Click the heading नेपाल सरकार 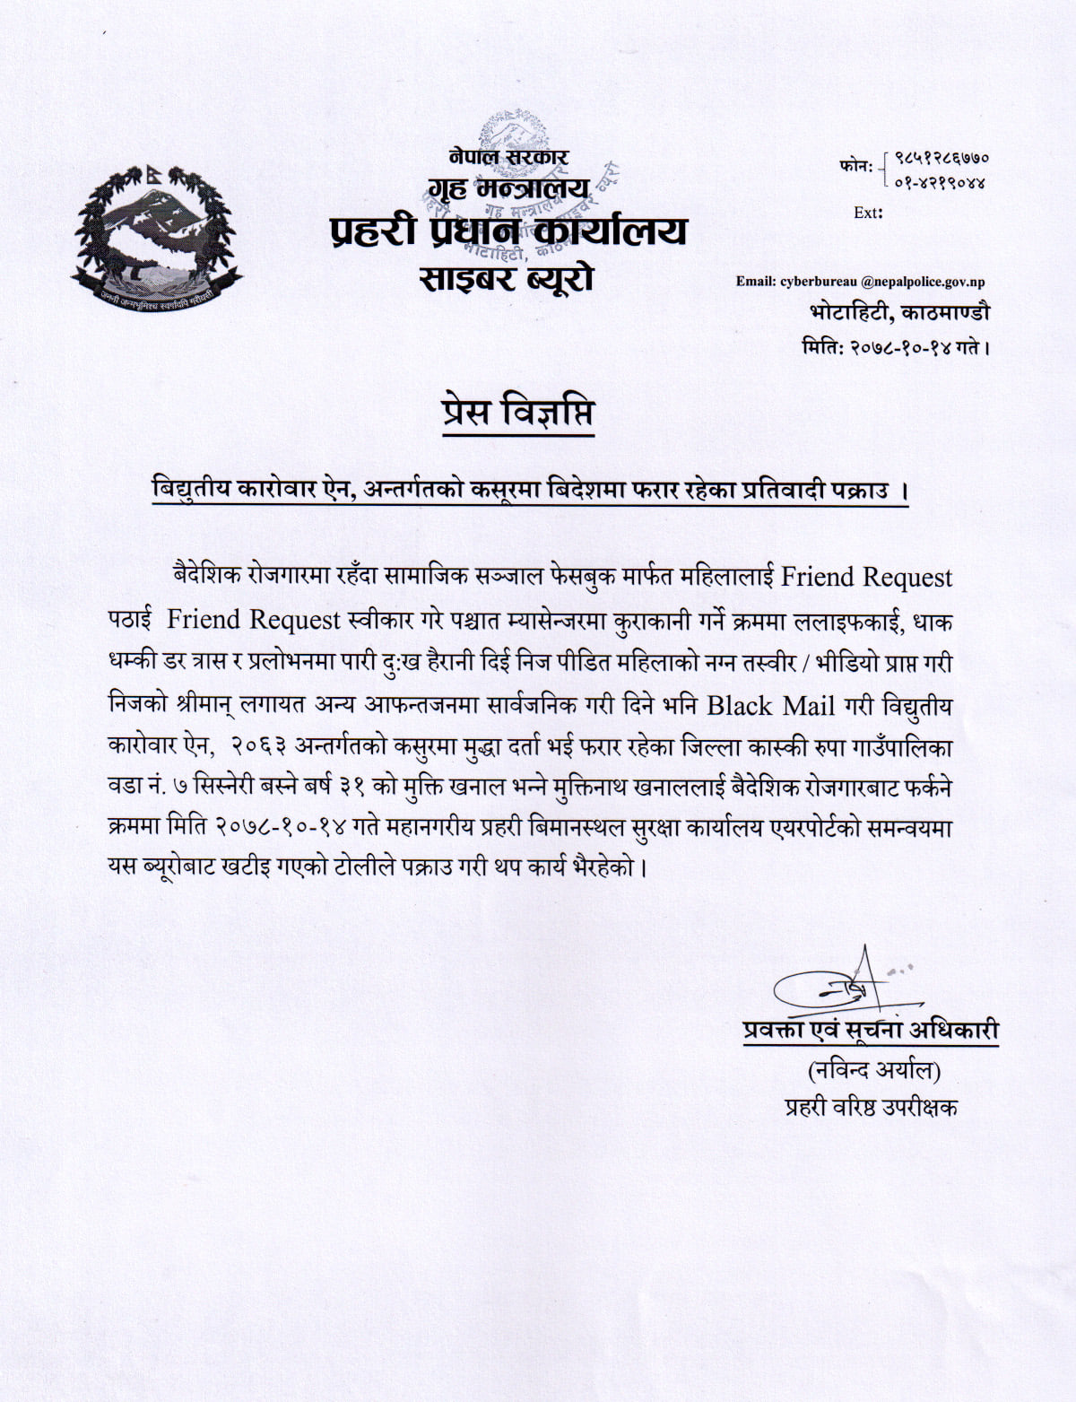point(509,157)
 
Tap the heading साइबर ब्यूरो point(508,277)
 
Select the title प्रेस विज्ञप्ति point(518,413)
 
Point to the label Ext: point(868,213)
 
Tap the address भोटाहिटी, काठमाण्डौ point(899,313)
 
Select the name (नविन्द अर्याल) point(874,1070)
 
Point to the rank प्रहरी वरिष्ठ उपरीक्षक point(871,1108)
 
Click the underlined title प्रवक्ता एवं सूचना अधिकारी point(870,1030)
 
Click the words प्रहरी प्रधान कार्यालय point(508,231)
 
